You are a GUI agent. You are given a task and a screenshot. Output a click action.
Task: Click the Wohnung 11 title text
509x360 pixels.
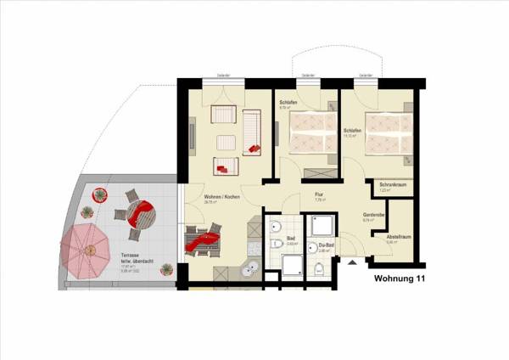pos(399,277)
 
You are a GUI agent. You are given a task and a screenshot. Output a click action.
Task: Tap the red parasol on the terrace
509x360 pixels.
pos(87,248)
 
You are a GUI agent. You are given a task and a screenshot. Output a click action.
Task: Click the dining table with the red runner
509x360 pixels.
pos(204,240)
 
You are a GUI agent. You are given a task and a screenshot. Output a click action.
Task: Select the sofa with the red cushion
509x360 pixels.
pos(252,134)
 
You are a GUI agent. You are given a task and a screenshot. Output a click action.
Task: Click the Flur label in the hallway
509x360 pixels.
pos(319,195)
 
